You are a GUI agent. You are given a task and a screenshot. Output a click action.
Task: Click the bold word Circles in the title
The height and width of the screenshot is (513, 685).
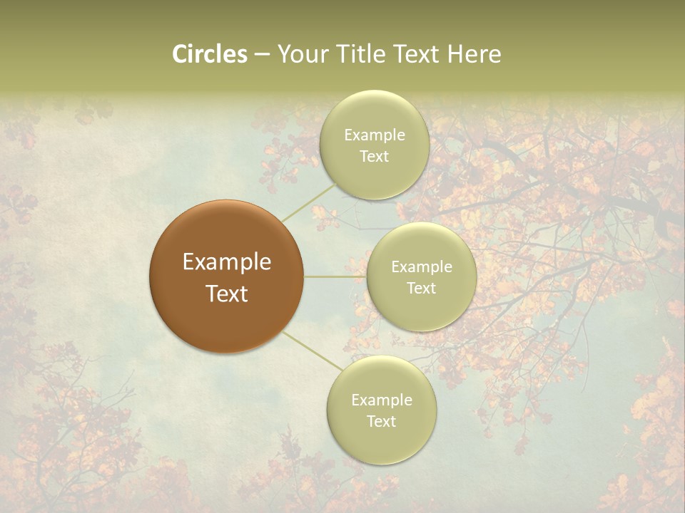click(210, 54)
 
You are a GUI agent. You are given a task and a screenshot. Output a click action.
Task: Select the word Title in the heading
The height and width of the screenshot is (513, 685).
click(360, 54)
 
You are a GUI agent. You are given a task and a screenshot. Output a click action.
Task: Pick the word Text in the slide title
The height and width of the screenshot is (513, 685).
click(416, 54)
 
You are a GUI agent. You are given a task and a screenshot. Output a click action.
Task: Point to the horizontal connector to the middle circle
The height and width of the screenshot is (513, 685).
click(335, 276)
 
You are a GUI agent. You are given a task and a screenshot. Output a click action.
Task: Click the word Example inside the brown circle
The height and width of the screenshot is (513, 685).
click(227, 262)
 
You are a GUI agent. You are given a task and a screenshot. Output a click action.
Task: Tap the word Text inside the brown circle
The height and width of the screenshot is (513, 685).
click(227, 294)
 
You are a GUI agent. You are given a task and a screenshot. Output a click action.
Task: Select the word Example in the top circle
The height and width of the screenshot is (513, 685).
click(375, 135)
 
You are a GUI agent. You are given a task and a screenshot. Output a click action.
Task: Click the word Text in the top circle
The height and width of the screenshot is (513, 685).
click(374, 157)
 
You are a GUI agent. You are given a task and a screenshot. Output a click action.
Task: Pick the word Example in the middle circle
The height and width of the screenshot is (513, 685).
click(422, 267)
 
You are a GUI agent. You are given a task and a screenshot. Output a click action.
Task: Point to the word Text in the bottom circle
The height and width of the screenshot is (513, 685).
click(381, 422)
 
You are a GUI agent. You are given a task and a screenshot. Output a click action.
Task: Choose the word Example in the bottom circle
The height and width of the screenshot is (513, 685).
click(382, 400)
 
